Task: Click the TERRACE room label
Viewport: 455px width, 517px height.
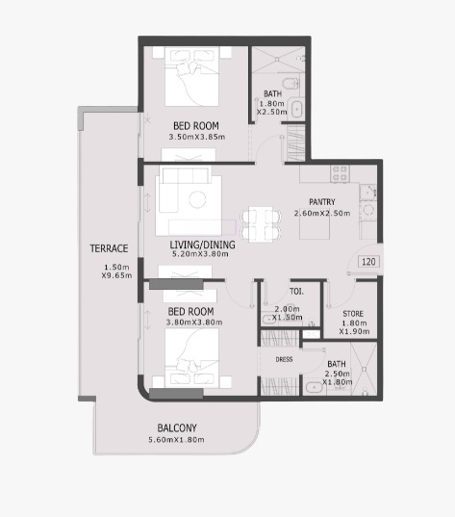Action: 109,248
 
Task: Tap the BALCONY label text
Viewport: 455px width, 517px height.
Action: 177,428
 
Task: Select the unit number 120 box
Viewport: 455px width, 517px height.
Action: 368,262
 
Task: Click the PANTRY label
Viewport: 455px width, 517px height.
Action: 322,202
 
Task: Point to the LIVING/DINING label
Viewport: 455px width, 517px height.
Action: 203,245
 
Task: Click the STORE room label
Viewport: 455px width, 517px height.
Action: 353,314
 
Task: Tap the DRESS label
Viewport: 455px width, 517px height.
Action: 284,359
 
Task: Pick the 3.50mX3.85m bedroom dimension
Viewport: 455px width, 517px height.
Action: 197,137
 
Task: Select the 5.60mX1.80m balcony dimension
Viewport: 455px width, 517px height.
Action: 176,440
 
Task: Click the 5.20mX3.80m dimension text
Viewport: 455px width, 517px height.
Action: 200,254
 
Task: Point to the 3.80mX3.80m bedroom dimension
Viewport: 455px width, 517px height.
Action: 194,323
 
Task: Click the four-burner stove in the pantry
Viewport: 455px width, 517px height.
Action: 340,173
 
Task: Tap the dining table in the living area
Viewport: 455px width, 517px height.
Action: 261,224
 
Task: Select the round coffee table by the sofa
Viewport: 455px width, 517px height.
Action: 197,199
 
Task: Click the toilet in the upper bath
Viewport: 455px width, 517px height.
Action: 292,84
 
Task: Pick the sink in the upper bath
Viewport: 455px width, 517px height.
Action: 296,109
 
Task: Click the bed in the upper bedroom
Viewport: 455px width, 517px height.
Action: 191,76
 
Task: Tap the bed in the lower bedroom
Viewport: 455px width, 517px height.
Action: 191,358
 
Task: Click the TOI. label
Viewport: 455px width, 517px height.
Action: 296,292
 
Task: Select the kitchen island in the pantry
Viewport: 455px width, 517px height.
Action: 315,228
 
